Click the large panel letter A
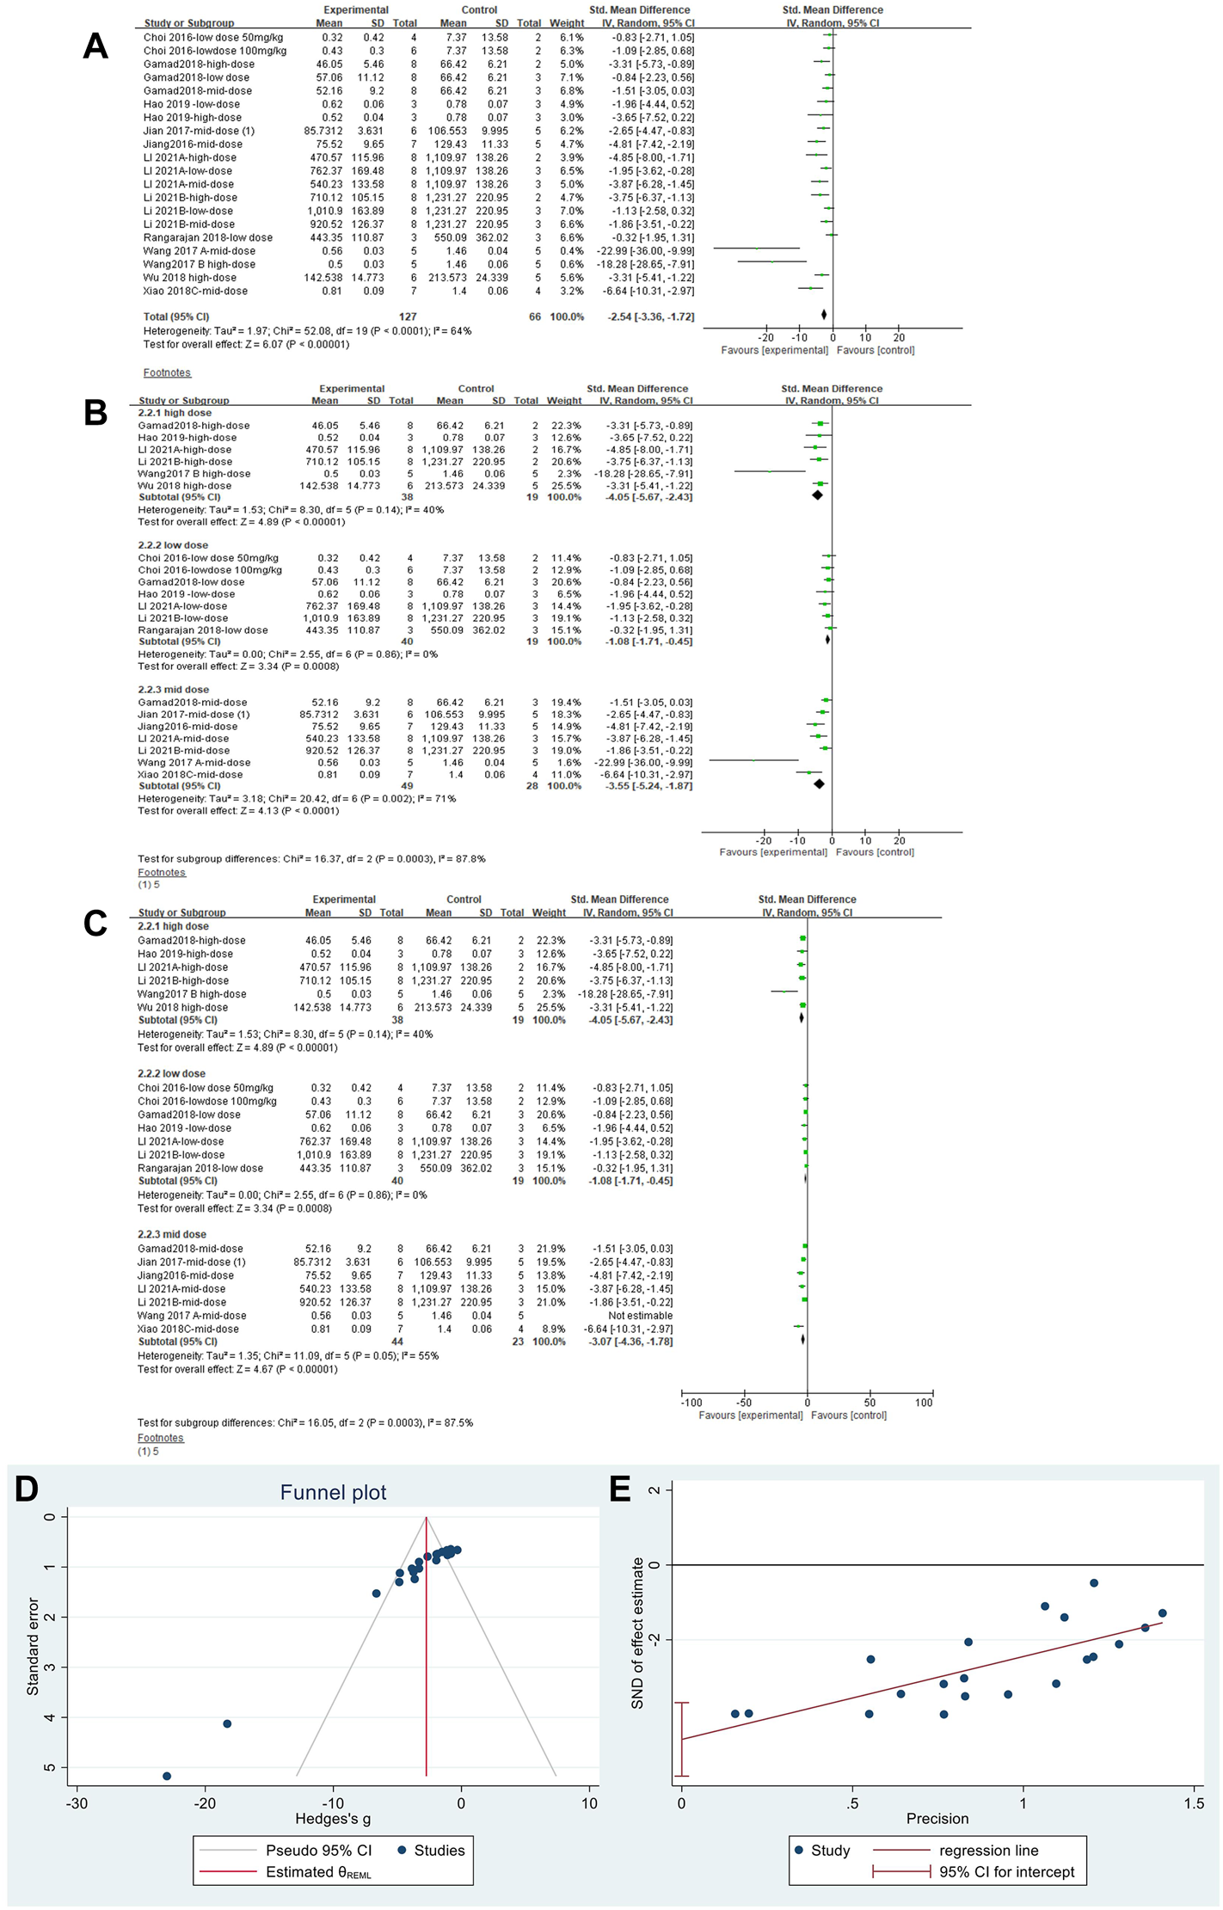[x=95, y=46]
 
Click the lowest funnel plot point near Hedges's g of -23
[x=167, y=1776]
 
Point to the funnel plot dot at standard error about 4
[x=227, y=1723]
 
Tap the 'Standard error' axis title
[x=34, y=1646]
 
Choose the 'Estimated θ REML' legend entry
[x=318, y=1872]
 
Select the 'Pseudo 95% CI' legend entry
[x=318, y=1850]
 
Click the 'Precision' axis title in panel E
[x=937, y=1818]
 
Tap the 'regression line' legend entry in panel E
[x=988, y=1850]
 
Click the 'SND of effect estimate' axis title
[x=637, y=1633]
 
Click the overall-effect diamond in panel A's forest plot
[x=824, y=316]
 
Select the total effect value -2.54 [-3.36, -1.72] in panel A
[x=651, y=316]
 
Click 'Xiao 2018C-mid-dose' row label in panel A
[x=195, y=291]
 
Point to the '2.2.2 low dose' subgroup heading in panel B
[x=173, y=545]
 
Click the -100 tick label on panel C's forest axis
[x=691, y=1403]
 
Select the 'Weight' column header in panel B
[x=564, y=401]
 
